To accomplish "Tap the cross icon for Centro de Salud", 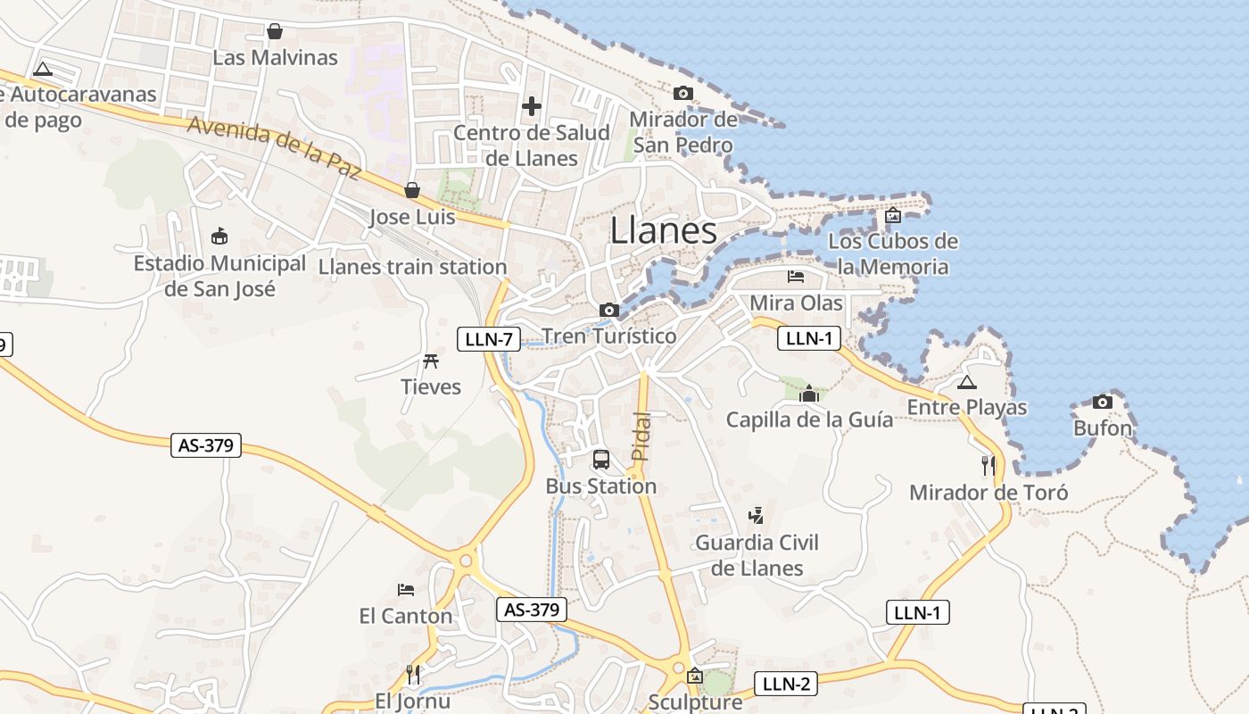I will [x=532, y=106].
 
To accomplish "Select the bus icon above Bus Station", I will [x=601, y=460].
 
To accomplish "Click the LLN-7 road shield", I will [x=489, y=339].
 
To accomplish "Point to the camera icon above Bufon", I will [x=1103, y=402].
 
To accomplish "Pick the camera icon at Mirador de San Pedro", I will [x=683, y=93].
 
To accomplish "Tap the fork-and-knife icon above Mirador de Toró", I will [x=988, y=465].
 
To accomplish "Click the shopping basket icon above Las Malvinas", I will [x=275, y=31].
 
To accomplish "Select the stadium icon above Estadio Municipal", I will [x=219, y=236].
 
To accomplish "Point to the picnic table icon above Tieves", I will [x=431, y=361].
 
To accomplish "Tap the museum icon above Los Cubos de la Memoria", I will [x=892, y=215].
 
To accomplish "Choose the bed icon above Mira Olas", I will [x=796, y=277].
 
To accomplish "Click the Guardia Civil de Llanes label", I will [x=757, y=555].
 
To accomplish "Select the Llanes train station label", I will [x=412, y=267].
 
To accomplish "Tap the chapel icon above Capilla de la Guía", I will [x=809, y=394].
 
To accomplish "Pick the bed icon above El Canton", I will [x=406, y=590].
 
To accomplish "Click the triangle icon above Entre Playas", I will [x=966, y=383].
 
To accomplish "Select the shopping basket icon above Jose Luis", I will [x=412, y=190].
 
